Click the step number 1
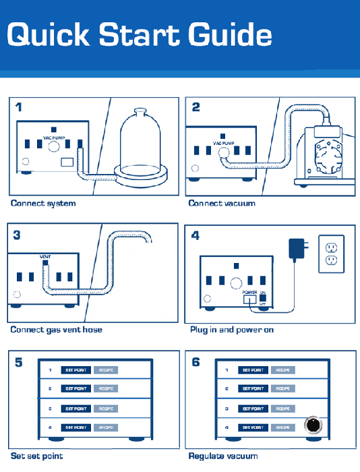pyautogui.click(x=19, y=107)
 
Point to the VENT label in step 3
pyautogui.click(x=45, y=257)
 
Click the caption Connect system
pyautogui.click(x=43, y=203)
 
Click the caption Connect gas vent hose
pyautogui.click(x=57, y=330)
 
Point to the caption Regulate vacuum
pyautogui.click(x=223, y=456)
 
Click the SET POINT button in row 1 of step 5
pyautogui.click(x=75, y=370)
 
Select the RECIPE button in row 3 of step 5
pyautogui.click(x=105, y=409)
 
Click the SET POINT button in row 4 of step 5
pyautogui.click(x=75, y=427)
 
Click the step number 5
pyautogui.click(x=19, y=362)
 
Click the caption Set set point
pyautogui.click(x=36, y=456)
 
